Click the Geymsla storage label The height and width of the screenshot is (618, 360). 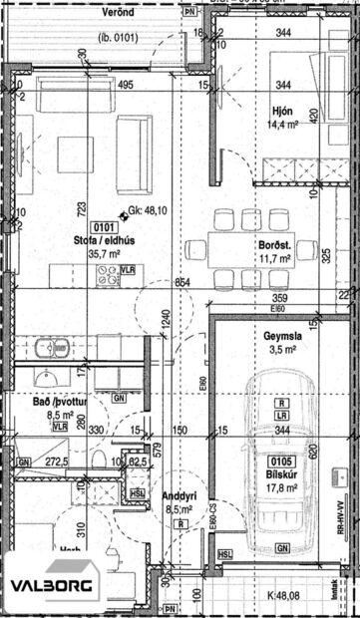[x=283, y=336]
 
